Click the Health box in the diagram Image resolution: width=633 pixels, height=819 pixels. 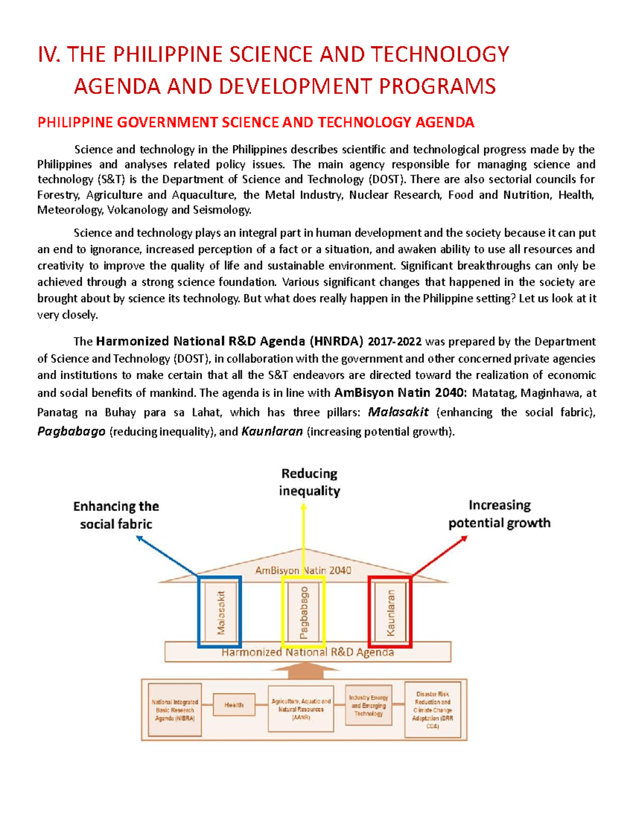tap(234, 705)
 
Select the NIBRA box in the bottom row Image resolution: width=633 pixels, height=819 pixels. tap(175, 710)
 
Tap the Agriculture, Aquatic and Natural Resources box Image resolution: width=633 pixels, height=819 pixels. tap(301, 709)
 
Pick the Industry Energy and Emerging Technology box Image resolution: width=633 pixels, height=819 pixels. tap(368, 705)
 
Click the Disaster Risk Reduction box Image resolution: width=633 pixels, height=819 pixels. tap(433, 709)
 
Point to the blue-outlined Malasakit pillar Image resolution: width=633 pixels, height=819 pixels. tap(220, 612)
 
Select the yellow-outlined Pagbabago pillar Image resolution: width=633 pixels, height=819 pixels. tap(303, 612)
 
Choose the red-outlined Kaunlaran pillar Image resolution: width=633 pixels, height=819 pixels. tap(390, 612)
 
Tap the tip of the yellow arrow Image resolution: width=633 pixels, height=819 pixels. tap(303, 506)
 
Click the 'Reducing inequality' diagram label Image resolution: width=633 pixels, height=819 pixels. tap(309, 482)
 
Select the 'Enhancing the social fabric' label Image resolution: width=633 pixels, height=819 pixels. tap(116, 515)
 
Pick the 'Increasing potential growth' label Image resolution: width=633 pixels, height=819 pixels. tap(499, 514)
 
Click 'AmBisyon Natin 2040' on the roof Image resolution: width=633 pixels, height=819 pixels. tap(303, 570)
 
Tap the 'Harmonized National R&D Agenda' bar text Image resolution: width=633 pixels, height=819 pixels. tap(308, 652)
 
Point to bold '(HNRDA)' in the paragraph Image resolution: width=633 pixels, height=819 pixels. tap(337, 341)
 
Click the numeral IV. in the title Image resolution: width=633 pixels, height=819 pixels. tap(49, 54)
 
